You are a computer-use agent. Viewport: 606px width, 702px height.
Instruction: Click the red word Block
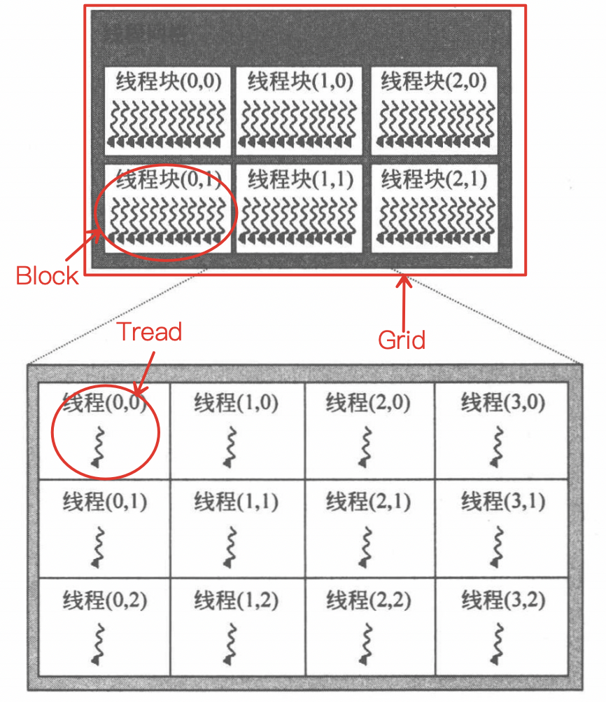click(x=48, y=275)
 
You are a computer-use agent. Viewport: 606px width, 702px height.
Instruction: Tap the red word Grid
click(x=402, y=340)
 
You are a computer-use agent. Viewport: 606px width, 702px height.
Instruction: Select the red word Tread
click(x=149, y=331)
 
